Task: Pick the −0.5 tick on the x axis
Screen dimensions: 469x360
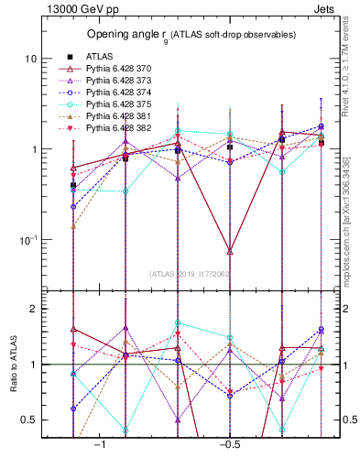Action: [x=228, y=444]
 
